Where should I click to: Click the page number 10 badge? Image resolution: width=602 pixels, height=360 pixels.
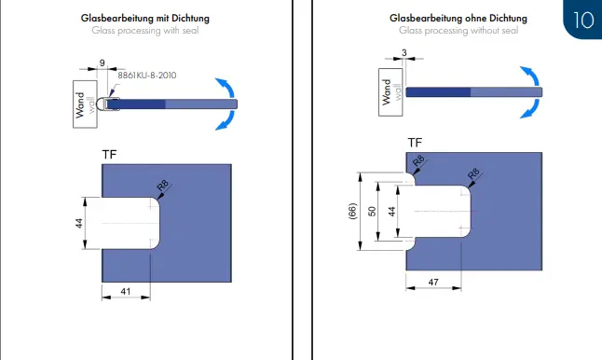point(582,20)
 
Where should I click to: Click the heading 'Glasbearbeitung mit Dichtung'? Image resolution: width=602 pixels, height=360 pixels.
point(145,19)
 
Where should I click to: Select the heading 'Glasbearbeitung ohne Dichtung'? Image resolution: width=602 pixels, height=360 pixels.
point(458,19)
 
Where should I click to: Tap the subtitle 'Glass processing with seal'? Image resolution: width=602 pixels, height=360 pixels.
point(145,31)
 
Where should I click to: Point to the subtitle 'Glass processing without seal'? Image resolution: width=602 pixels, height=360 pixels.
point(458,31)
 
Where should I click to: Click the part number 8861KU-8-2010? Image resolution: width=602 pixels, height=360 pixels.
point(147,76)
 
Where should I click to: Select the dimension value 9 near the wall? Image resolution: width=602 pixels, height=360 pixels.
point(103,62)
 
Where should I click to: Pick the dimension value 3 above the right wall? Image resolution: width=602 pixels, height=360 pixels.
point(404,52)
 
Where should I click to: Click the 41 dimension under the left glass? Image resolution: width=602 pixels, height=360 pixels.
point(126,291)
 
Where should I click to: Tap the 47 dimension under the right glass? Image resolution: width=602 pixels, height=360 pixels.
point(433,282)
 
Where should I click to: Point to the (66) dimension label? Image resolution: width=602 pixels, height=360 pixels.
point(352,211)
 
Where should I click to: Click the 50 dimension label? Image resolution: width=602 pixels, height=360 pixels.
point(372,212)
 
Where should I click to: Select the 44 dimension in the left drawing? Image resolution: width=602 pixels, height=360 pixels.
point(78,223)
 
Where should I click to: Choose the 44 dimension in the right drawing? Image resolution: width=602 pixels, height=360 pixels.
point(391,212)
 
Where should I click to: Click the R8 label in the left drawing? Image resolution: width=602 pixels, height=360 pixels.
point(163,186)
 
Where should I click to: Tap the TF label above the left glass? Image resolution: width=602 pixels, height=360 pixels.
point(109,155)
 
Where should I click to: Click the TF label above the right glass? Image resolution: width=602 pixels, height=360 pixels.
point(415,143)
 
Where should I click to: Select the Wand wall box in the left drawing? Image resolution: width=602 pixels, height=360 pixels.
point(85,104)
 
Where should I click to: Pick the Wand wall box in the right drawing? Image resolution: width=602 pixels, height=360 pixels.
point(390,92)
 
